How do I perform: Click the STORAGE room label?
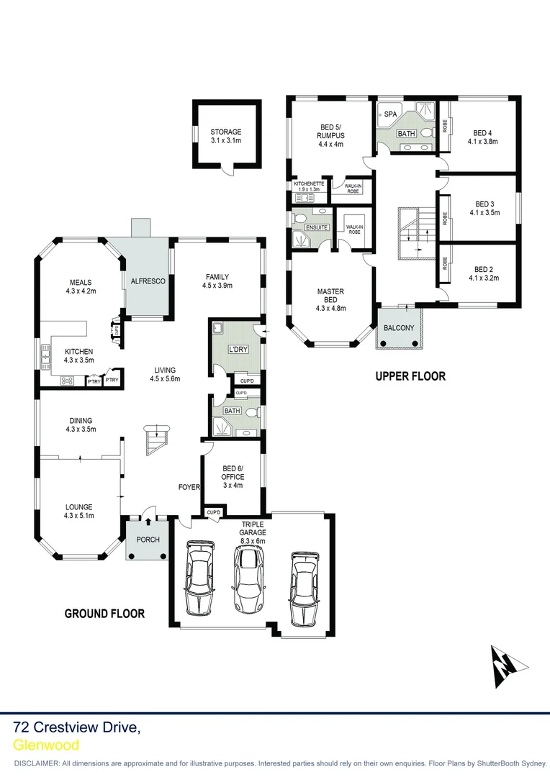(225, 132)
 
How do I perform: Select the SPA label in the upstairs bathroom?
(390, 114)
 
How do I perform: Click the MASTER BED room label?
(330, 296)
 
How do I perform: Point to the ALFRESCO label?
(148, 282)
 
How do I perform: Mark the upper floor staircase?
(412, 232)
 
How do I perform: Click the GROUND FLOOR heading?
(104, 614)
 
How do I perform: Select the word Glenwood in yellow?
(46, 745)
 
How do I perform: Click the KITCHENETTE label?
(309, 183)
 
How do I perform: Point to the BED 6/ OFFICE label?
(233, 473)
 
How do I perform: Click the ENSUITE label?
(317, 228)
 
